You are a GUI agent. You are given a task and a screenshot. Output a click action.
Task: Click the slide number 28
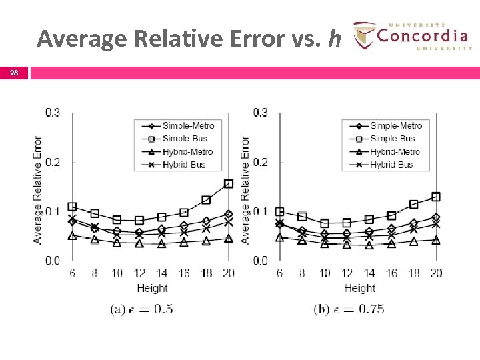click(x=14, y=73)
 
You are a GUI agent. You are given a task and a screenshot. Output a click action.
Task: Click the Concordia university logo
click(x=412, y=35)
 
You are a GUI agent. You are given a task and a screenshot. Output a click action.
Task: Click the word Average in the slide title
click(x=82, y=39)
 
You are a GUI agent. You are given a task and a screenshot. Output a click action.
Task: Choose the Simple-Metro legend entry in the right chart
click(x=395, y=125)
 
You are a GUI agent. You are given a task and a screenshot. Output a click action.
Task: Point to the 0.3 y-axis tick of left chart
click(x=53, y=112)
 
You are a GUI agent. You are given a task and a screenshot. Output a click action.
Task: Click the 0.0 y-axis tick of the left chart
click(x=53, y=260)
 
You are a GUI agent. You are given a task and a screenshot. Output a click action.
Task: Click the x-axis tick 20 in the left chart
click(x=229, y=273)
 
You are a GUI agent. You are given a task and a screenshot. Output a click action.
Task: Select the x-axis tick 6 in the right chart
click(x=279, y=273)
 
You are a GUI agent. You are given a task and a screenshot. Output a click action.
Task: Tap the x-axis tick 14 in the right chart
click(x=369, y=273)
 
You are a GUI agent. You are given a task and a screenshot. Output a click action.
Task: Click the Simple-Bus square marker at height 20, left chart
click(x=229, y=183)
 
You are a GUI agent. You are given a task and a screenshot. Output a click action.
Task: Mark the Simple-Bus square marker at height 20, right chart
click(x=436, y=197)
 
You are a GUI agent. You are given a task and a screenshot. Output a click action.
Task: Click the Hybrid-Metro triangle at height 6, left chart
click(x=72, y=235)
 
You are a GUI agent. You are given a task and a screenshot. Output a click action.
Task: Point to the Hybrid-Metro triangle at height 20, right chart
click(x=436, y=240)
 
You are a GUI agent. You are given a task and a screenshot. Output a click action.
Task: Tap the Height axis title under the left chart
click(x=152, y=288)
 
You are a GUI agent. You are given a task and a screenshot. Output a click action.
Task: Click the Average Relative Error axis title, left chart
click(x=37, y=189)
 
